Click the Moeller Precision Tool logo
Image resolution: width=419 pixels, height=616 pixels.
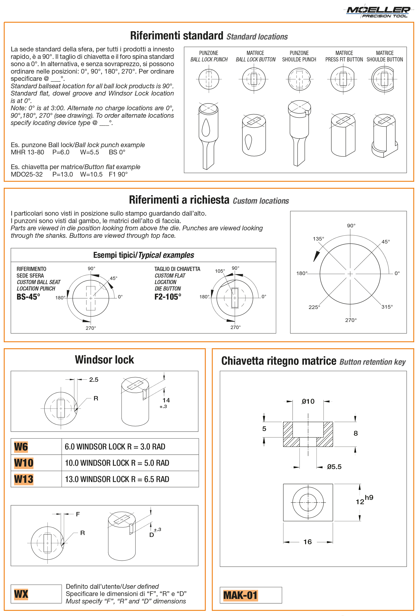click(378, 11)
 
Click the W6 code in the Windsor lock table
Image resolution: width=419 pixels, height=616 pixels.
click(21, 447)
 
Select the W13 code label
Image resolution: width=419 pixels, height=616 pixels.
click(24, 479)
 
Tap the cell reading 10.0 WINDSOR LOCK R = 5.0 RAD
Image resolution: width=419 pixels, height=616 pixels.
click(117, 463)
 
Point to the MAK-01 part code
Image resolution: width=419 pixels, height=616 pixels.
click(240, 595)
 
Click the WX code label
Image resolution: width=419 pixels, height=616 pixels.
click(21, 594)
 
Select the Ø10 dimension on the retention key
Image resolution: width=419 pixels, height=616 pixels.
click(308, 401)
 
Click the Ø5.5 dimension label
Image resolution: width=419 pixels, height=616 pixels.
click(334, 467)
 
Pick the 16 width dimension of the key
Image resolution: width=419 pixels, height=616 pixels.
click(307, 542)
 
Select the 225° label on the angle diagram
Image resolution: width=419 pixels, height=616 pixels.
click(314, 307)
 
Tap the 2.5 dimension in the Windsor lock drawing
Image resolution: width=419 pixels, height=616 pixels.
click(93, 380)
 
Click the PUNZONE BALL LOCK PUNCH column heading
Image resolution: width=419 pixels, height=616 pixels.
click(209, 56)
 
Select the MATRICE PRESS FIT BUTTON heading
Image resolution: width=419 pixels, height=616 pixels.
click(344, 56)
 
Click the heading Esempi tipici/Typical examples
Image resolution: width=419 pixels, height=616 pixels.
click(144, 255)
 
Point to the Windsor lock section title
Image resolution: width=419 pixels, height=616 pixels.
click(104, 360)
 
